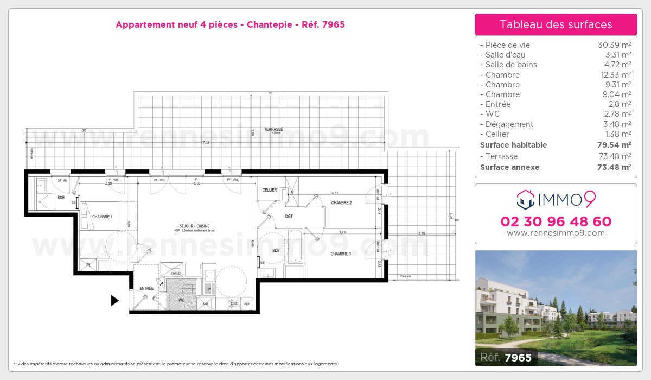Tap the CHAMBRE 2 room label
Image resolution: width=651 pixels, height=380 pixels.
pyautogui.click(x=342, y=203)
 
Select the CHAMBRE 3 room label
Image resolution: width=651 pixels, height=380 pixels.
pyautogui.click(x=341, y=254)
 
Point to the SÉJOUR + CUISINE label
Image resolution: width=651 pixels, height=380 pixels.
pyautogui.click(x=195, y=226)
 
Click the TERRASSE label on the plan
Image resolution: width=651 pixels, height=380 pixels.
pyautogui.click(x=273, y=129)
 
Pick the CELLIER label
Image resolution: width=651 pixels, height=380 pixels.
pyautogui.click(x=270, y=190)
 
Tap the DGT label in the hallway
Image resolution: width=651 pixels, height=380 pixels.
pyautogui.click(x=289, y=216)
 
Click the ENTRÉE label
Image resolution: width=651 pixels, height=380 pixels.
pyautogui.click(x=146, y=288)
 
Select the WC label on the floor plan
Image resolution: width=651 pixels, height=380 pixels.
pyautogui.click(x=182, y=300)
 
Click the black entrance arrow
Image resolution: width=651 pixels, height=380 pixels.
pyautogui.click(x=114, y=300)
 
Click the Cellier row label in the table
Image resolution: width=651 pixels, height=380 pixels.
pyautogui.click(x=494, y=134)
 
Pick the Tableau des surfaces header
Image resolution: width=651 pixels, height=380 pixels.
pyautogui.click(x=556, y=24)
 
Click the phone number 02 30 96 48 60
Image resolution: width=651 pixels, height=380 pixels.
pyautogui.click(x=556, y=221)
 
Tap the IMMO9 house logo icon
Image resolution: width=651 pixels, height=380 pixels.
pyautogui.click(x=525, y=200)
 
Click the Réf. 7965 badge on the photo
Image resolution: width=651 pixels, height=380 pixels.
pyautogui.click(x=507, y=357)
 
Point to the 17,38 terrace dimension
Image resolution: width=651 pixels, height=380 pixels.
pyautogui.click(x=205, y=142)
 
